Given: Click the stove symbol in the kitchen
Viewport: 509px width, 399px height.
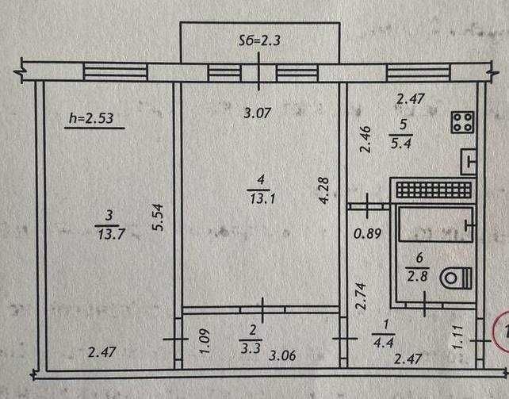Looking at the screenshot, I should coord(463,123).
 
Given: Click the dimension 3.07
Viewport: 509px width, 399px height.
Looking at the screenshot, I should coord(258,113).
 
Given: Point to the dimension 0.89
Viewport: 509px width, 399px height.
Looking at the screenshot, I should coord(366,233).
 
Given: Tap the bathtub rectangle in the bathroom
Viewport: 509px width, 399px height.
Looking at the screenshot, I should coord(434,223).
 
